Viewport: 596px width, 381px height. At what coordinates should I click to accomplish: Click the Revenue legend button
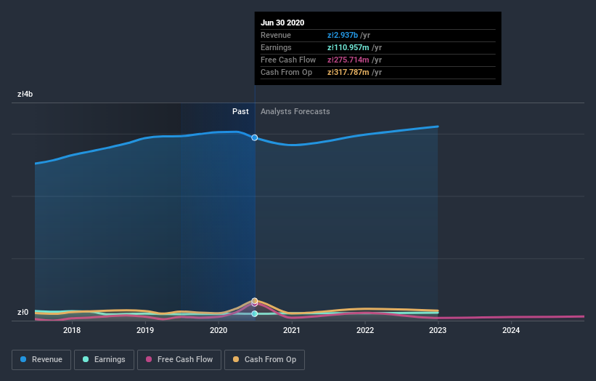click(41, 359)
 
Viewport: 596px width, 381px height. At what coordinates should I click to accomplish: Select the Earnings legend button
click(103, 359)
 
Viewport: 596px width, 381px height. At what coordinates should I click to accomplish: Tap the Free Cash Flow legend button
click(179, 359)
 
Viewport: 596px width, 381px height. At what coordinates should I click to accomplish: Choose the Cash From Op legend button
click(265, 359)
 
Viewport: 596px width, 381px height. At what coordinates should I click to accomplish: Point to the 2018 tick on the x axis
click(72, 330)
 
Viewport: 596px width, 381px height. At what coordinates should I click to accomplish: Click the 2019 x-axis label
click(145, 330)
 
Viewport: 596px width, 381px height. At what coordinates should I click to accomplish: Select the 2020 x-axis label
click(219, 330)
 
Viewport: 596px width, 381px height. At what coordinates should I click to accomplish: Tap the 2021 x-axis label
click(292, 330)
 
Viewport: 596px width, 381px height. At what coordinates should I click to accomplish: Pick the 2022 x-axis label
click(365, 330)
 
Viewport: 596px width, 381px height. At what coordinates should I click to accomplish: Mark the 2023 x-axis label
click(438, 330)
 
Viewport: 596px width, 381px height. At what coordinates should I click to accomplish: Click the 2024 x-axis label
click(512, 330)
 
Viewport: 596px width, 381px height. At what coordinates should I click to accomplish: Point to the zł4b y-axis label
click(25, 94)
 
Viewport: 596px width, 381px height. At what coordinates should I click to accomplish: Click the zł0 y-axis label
click(24, 313)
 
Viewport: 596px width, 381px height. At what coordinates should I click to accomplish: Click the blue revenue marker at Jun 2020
click(255, 137)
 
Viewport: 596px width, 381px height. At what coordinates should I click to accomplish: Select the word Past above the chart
click(240, 111)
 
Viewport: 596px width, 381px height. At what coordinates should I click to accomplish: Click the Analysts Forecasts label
click(295, 111)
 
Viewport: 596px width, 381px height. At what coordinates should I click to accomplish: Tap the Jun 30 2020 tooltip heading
click(282, 23)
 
